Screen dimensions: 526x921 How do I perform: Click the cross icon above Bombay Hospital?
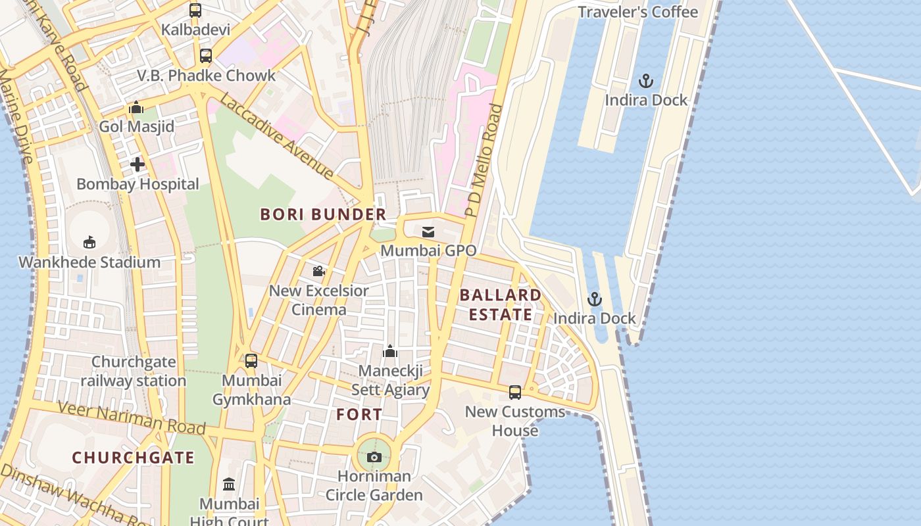(x=137, y=164)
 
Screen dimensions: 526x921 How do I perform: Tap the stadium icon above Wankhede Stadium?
(x=89, y=243)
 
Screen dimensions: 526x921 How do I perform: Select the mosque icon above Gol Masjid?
(x=136, y=107)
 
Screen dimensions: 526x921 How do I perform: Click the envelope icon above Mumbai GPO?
(x=428, y=231)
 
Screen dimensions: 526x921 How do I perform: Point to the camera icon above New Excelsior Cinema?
(x=319, y=271)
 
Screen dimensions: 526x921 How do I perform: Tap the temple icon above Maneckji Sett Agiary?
(x=390, y=351)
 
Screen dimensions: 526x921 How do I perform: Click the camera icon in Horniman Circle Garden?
(x=374, y=457)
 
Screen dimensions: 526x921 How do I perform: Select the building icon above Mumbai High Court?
(x=229, y=485)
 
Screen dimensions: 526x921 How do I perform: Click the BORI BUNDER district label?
(x=323, y=214)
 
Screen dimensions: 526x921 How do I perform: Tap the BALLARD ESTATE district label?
(x=501, y=304)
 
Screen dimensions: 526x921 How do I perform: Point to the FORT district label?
(x=359, y=414)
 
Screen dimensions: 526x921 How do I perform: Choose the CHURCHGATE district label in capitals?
(x=133, y=458)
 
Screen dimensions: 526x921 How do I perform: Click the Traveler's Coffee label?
(x=637, y=12)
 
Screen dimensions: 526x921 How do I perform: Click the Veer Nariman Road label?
(x=132, y=418)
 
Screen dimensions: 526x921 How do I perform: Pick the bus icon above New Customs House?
(x=515, y=393)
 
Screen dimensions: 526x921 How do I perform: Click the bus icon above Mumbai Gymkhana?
(x=251, y=360)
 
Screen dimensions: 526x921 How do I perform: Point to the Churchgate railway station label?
(x=134, y=371)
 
